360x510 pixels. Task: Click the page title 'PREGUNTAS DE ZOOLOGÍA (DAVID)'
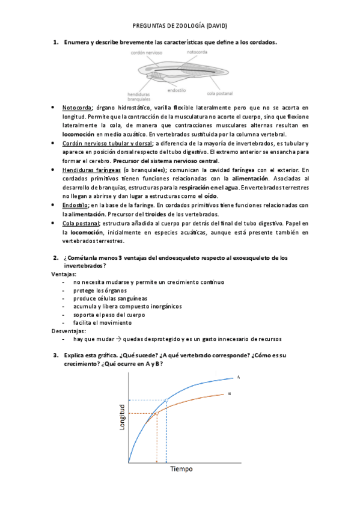179,26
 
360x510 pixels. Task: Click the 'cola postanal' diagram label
219,93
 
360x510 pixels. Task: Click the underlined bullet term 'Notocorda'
77,107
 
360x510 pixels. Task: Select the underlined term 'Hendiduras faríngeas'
89,170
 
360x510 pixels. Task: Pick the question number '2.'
56,257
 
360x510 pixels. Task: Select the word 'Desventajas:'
68,330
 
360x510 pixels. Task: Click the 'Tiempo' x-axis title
181,469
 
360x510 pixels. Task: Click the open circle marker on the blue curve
166,400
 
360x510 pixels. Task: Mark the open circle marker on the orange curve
157,413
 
